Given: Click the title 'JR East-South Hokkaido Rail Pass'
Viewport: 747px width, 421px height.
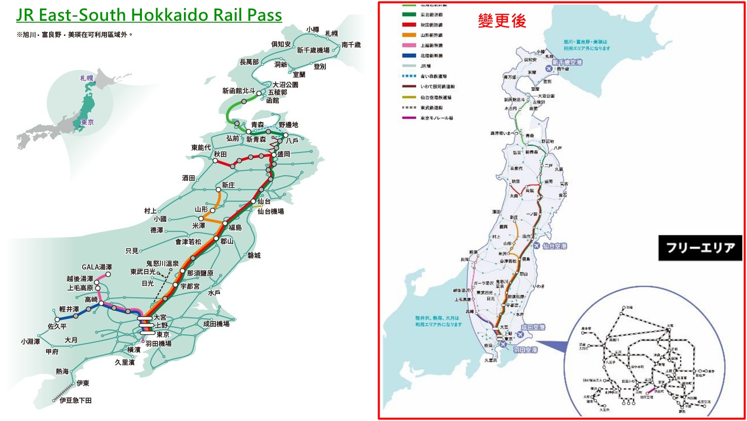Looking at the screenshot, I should click(149, 15).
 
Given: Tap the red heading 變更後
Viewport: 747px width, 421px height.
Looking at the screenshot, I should click(502, 21).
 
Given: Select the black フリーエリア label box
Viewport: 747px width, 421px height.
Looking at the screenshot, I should click(700, 248).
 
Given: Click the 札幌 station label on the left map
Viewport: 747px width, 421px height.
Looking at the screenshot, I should click(331, 33).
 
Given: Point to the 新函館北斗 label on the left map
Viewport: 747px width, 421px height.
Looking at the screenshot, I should click(238, 91).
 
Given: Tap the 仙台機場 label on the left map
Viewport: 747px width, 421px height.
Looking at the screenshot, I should click(271, 211).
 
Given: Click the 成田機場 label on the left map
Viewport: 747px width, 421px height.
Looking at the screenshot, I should click(216, 324).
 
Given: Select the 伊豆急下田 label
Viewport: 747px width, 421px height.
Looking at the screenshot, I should click(76, 400).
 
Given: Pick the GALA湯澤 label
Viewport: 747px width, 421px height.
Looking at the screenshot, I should click(97, 267).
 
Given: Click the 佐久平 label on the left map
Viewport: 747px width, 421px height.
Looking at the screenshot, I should click(57, 326).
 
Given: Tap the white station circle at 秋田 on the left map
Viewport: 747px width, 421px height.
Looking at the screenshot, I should click(215, 161).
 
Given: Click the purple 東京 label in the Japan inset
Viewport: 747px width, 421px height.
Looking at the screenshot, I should click(87, 122).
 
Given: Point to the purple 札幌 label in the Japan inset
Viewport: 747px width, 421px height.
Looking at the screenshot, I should click(87, 78).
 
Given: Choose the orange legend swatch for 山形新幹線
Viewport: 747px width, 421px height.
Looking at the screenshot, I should click(409, 35).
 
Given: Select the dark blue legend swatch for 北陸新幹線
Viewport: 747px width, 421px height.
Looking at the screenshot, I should click(409, 56).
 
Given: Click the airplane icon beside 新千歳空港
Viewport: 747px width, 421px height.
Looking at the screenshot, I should click(548, 68).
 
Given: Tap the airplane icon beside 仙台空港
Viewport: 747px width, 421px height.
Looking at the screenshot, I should click(537, 245).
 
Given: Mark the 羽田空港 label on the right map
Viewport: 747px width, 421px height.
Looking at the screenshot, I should click(525, 350).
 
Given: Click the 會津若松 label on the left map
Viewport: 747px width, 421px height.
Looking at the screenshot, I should click(188, 242).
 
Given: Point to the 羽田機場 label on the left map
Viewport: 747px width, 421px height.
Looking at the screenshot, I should click(158, 343).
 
